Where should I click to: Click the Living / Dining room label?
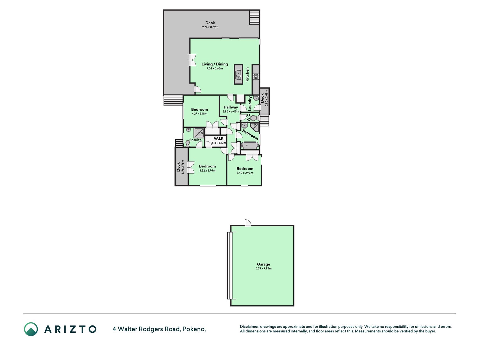215,64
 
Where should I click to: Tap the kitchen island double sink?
238,74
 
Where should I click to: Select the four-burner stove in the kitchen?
256,76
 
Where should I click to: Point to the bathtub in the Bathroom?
250,145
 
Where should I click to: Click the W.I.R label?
219,139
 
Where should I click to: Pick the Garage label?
263,264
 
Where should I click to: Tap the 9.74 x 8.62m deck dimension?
210,27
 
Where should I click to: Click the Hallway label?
231,107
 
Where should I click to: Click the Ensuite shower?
199,132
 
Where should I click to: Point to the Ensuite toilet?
187,143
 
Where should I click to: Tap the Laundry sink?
256,98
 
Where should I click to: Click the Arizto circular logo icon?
31,329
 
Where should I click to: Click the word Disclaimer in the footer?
249,327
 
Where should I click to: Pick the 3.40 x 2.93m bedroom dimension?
245,173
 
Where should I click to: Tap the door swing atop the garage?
248,223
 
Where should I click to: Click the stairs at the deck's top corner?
254,17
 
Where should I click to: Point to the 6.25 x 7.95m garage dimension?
263,268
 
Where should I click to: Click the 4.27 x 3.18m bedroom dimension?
200,114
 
